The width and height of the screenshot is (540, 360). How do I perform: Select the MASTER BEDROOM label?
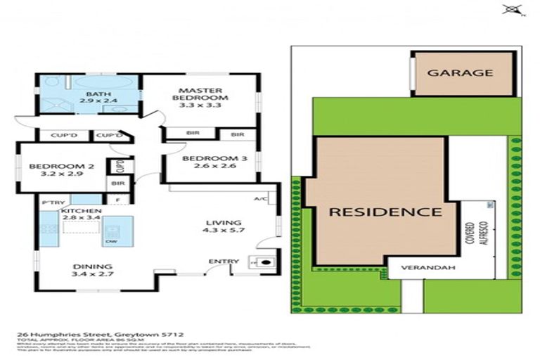click(200, 94)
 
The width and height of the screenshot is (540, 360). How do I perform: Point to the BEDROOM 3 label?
click(214, 159)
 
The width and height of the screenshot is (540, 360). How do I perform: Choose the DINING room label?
click(91, 266)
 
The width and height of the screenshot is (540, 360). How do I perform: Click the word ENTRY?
click(224, 262)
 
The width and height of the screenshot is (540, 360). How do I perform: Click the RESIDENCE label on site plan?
click(386, 211)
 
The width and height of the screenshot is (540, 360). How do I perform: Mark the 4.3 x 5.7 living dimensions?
click(224, 231)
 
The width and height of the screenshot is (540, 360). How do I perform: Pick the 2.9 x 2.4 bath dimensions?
click(94, 101)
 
